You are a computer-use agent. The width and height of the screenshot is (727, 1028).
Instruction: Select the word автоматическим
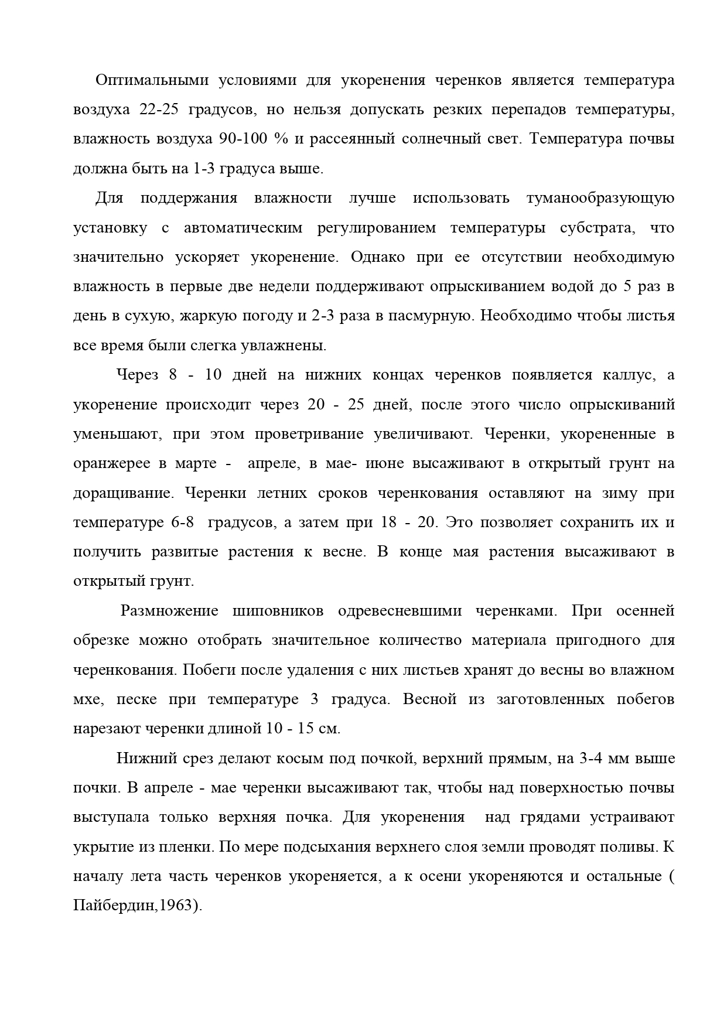click(x=243, y=228)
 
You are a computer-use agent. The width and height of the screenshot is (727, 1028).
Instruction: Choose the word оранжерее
click(x=111, y=464)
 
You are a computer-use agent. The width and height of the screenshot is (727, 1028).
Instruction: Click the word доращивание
click(x=123, y=493)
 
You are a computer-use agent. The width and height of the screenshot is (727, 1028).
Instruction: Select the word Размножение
click(x=169, y=611)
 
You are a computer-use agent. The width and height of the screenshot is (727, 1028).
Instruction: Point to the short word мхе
click(x=87, y=699)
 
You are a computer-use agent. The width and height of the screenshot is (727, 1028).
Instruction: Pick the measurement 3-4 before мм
click(x=591, y=759)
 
